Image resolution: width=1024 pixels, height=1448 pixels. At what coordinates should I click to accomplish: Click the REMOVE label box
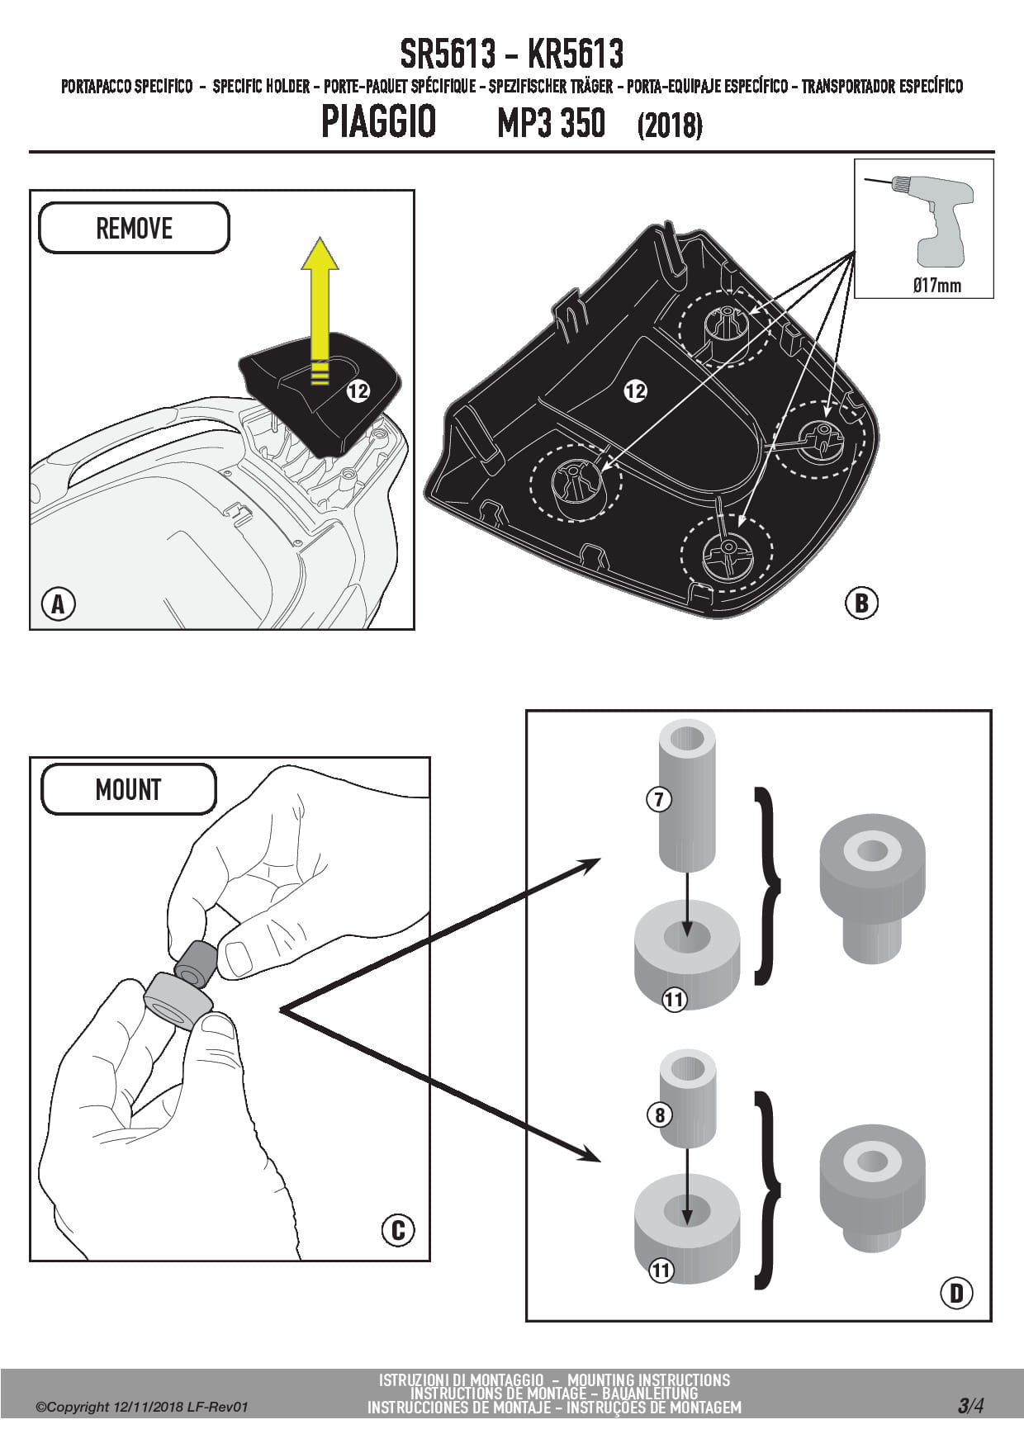pos(134,228)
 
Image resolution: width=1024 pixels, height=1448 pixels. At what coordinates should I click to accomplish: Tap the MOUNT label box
pos(128,789)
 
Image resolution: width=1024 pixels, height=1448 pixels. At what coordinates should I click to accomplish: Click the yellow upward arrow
pos(319,305)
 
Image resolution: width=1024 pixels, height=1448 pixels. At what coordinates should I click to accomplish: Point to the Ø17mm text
pos(936,286)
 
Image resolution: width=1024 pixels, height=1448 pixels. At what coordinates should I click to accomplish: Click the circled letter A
pos(58,604)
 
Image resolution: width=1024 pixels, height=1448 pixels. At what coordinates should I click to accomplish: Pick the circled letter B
pos(860,603)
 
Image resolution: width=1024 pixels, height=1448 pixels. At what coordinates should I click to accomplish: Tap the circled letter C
pos(397,1231)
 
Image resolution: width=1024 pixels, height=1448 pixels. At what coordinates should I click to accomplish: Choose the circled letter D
pos(956,1292)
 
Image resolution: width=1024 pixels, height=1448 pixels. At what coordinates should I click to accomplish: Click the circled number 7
pos(659,799)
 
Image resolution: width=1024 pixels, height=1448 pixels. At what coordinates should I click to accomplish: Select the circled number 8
pos(659,1115)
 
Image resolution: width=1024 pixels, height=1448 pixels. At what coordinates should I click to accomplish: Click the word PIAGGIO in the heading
pos(378,122)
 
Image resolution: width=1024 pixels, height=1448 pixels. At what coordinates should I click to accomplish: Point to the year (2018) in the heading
pos(670,125)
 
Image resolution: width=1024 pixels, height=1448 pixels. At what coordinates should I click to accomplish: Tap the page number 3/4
pos(970,1405)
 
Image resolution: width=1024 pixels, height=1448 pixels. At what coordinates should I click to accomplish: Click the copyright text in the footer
pos(141,1407)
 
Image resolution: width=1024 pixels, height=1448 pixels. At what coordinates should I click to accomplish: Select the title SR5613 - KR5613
pos(511,54)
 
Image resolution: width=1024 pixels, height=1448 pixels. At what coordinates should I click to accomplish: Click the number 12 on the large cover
pos(635,391)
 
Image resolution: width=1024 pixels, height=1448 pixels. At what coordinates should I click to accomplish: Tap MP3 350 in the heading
pos(551,124)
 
